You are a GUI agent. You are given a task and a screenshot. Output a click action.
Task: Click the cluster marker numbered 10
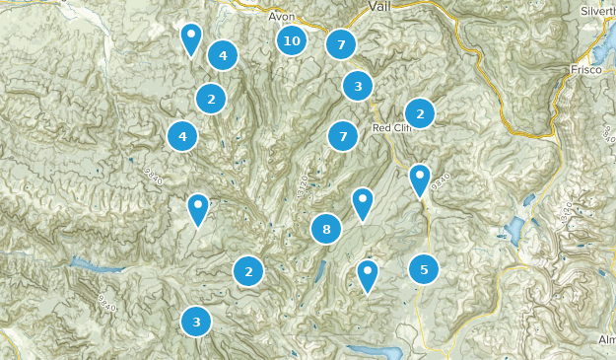point(291,40)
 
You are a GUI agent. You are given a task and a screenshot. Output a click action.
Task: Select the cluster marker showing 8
point(325,230)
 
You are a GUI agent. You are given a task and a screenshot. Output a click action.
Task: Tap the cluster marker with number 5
point(424,268)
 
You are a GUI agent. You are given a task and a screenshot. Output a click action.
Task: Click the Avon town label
point(282,16)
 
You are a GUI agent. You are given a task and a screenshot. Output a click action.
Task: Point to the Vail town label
point(380,7)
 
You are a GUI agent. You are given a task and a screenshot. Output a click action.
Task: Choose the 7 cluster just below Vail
point(341,43)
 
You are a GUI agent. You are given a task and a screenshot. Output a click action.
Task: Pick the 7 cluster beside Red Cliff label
point(343,136)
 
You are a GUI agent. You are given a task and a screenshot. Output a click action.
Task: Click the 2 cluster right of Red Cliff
point(420,113)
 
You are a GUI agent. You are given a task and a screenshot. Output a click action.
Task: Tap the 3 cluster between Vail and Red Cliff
point(358,86)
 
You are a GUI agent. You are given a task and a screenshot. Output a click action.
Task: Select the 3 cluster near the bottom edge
point(196,321)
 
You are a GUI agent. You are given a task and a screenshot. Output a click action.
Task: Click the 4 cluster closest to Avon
point(223,55)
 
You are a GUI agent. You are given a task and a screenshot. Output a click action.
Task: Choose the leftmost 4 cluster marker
point(182,135)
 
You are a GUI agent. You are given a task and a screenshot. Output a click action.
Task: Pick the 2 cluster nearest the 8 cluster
point(248,271)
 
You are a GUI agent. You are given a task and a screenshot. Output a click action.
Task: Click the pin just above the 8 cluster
point(363,202)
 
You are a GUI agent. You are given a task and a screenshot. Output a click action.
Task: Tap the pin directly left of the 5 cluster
point(368,274)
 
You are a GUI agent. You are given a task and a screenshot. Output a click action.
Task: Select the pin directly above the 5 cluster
point(420,180)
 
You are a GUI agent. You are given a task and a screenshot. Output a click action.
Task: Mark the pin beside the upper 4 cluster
point(192,38)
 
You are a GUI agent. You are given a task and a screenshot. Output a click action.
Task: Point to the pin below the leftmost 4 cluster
point(199,208)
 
